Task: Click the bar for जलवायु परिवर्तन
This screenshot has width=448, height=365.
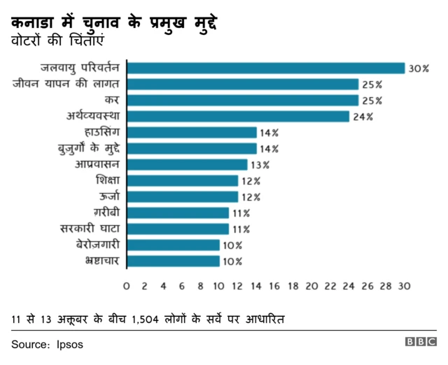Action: [x=266, y=69]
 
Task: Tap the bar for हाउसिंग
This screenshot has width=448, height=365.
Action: [x=192, y=133]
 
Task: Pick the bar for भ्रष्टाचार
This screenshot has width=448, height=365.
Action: [x=173, y=262]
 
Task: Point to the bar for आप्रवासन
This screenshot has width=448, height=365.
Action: [x=187, y=165]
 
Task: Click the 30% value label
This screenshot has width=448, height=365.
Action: [x=419, y=69]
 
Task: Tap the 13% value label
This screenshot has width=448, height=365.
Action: [x=260, y=165]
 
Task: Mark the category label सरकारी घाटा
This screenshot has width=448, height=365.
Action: [x=91, y=229]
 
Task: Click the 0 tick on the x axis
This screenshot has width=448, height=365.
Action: [x=126, y=286]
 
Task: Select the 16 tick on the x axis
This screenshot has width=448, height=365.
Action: [x=274, y=286]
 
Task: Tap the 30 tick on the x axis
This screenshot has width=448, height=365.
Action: [x=404, y=286]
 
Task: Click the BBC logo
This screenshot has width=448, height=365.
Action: [x=420, y=343]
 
